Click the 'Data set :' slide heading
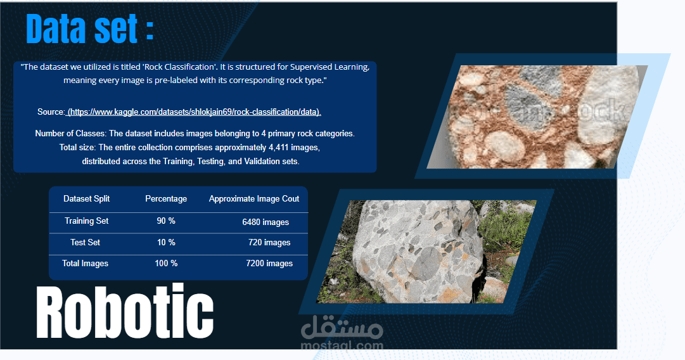(89, 29)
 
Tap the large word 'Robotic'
(125, 312)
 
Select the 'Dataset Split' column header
(87, 199)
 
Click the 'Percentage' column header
(166, 199)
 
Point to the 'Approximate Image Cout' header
(254, 199)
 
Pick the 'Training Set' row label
(87, 221)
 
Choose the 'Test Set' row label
(86, 243)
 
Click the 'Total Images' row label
(86, 264)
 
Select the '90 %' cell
(166, 221)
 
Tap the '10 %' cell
(166, 243)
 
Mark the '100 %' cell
(166, 264)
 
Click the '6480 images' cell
(266, 222)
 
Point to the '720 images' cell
(269, 243)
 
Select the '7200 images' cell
(269, 264)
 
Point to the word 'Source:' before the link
(51, 112)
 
